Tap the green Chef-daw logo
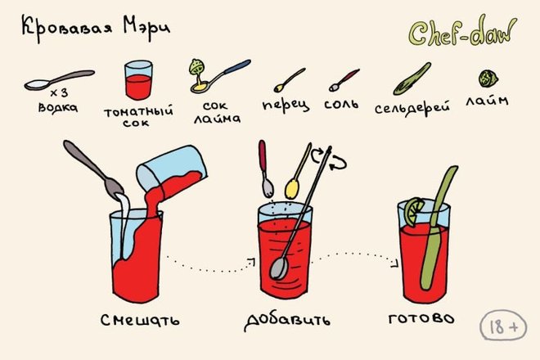(463, 32)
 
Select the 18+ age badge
(503, 326)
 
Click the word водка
(58, 107)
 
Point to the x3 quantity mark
(59, 92)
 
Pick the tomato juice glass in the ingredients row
(138, 80)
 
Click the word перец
(286, 106)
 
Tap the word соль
(341, 104)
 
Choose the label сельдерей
(412, 108)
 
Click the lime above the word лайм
(488, 79)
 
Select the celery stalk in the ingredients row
(412, 79)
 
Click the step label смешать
(140, 320)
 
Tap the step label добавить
(287, 321)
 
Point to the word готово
(421, 318)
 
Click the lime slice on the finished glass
(413, 212)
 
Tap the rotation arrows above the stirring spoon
(329, 159)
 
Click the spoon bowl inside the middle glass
(279, 268)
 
